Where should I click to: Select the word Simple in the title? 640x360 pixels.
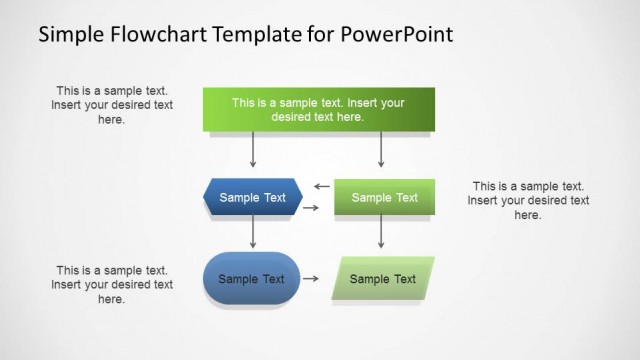pyautogui.click(x=70, y=35)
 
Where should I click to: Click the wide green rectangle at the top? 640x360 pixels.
pyautogui.click(x=318, y=109)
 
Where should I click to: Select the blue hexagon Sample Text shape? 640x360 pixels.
pyautogui.click(x=252, y=197)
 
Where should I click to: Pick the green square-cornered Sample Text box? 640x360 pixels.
pyautogui.click(x=384, y=197)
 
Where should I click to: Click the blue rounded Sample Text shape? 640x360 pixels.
pyautogui.click(x=251, y=279)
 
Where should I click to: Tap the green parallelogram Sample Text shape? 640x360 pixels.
pyautogui.click(x=383, y=279)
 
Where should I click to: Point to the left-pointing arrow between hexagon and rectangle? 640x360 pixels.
pyautogui.click(x=321, y=186)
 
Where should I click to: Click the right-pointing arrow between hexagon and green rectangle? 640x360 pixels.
pyautogui.click(x=311, y=208)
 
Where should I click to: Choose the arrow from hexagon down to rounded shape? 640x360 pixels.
pyautogui.click(x=253, y=232)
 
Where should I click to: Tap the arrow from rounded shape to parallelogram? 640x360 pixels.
pyautogui.click(x=311, y=279)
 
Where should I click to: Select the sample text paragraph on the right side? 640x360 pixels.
pyautogui.click(x=527, y=200)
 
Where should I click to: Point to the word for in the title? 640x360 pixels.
pyautogui.click(x=315, y=35)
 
